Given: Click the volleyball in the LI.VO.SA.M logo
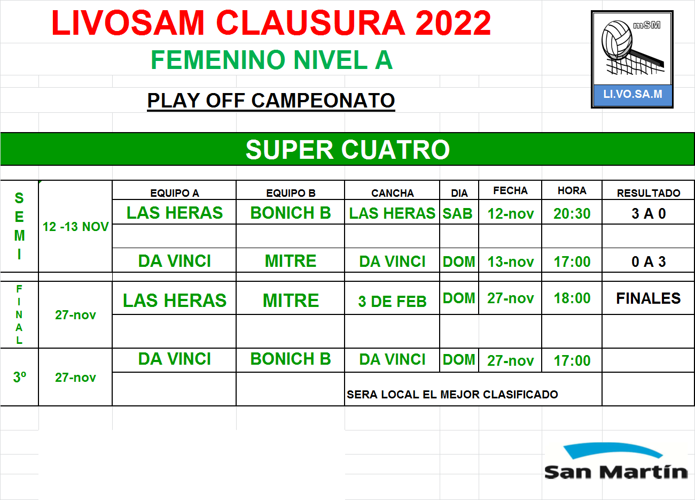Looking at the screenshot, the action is pos(617,40).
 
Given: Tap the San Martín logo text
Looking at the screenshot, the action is pos(616,472).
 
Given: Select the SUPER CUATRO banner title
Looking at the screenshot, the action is pos(347,150).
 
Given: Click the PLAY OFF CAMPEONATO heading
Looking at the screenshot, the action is pos(271,101).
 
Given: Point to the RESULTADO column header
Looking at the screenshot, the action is pos(649,193).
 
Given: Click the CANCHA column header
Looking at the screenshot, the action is pos(393,193).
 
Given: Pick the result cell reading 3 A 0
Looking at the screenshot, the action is pos(649,214).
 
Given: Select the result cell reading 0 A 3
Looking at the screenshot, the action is pos(649,262).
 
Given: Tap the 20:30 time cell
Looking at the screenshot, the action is pos(572,214).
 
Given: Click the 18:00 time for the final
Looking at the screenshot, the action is pos(572,298).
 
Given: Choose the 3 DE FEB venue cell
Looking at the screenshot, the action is pos(392,301).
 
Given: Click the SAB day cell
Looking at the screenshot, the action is pos(457,214).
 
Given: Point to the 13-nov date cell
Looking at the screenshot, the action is pos(510,262).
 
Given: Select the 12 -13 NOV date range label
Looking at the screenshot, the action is pos(75,227).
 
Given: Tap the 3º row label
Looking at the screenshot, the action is pos(20,377).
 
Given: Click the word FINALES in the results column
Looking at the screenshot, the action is pos(649,298).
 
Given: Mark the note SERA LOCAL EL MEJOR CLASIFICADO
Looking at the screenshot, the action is pos(452,395).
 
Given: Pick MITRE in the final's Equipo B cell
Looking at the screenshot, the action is pos(291,301).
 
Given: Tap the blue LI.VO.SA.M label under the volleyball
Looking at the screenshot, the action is pos(632,94).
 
